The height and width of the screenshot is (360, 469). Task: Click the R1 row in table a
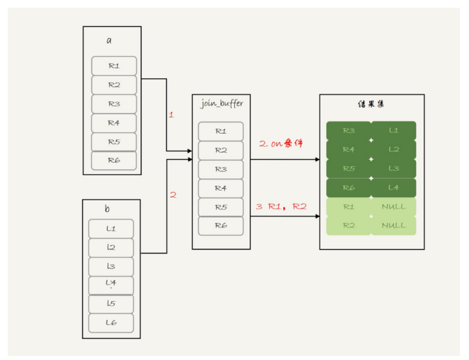pyautogui.click(x=114, y=65)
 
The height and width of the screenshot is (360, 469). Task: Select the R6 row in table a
pyautogui.click(x=114, y=160)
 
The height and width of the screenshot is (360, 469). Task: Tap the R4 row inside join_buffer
pyautogui.click(x=221, y=188)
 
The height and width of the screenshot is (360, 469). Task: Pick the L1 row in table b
pyautogui.click(x=111, y=229)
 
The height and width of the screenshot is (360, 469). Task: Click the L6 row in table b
pyautogui.click(x=111, y=323)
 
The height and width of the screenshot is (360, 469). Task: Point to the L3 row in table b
pyautogui.click(x=111, y=266)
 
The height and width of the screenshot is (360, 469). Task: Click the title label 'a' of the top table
pyautogui.click(x=109, y=41)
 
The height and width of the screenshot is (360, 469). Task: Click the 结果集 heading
pyautogui.click(x=371, y=103)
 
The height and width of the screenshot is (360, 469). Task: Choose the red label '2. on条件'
pyautogui.click(x=281, y=143)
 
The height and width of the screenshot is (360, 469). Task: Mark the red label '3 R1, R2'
pyautogui.click(x=281, y=207)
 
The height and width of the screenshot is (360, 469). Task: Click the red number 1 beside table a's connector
pyautogui.click(x=171, y=114)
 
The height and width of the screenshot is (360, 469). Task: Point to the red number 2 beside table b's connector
pyautogui.click(x=172, y=195)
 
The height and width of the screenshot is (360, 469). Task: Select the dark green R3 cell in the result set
pyautogui.click(x=349, y=131)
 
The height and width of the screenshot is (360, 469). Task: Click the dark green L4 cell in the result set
pyautogui.click(x=393, y=187)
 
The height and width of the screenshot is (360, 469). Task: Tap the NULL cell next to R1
pyautogui.click(x=393, y=206)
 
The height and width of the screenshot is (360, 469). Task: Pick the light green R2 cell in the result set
pyautogui.click(x=349, y=225)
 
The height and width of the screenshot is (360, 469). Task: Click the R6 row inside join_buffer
pyautogui.click(x=221, y=226)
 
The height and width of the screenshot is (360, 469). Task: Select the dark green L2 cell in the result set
pyautogui.click(x=393, y=149)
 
